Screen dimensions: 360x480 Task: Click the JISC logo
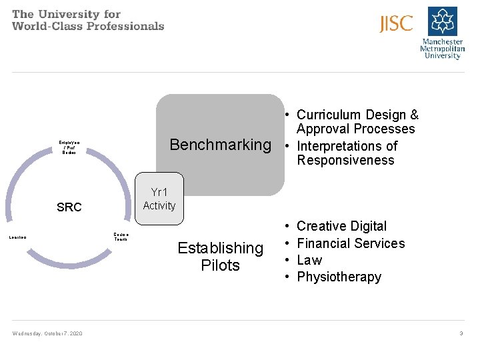click(x=396, y=24)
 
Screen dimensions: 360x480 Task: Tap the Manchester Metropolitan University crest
click(x=442, y=21)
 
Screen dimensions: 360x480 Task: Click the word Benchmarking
click(x=220, y=145)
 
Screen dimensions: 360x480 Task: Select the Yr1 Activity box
click(x=159, y=199)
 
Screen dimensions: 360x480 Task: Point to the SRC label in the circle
click(x=69, y=207)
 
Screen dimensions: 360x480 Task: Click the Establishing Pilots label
click(x=220, y=257)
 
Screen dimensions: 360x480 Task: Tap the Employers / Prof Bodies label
click(x=69, y=147)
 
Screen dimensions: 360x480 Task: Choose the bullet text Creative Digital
click(x=341, y=227)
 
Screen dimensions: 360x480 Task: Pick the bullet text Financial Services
click(x=351, y=243)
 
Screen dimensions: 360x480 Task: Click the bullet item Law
click(x=309, y=260)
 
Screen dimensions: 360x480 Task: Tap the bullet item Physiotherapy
click(x=339, y=277)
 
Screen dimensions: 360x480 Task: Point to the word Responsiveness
click(x=345, y=161)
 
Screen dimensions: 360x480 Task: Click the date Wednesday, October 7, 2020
click(x=47, y=333)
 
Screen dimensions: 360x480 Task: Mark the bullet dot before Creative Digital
click(x=286, y=227)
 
